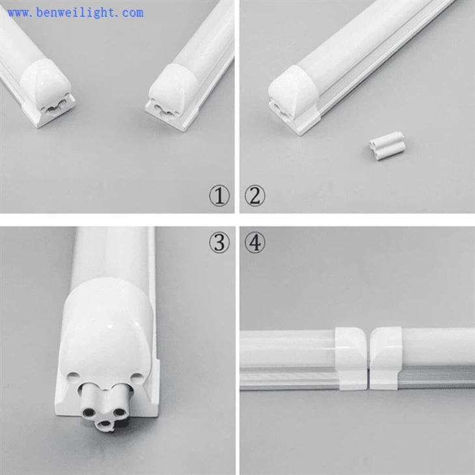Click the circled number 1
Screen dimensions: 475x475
219,196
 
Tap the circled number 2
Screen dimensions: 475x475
255,196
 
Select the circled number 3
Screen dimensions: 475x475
219,242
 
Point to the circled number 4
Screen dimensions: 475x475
255,242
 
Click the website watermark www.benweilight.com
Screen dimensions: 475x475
75,13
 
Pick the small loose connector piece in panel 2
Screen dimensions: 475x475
387,145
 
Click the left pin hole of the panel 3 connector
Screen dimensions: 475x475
89,412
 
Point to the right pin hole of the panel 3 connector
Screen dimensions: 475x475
118,412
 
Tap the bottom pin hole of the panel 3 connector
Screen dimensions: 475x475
105,424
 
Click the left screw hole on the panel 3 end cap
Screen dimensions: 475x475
72,377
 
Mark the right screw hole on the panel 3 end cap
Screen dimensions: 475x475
137,377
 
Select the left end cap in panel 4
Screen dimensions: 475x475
351,359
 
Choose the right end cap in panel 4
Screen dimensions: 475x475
387,359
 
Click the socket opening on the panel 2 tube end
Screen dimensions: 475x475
280,111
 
